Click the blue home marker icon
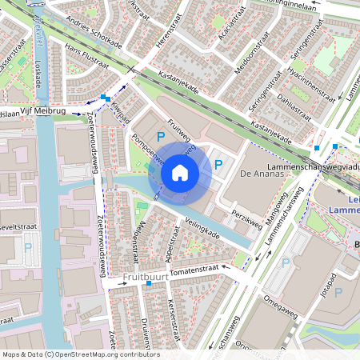pos(180,172)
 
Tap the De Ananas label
pos(262,174)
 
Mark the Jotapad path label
pos(327,288)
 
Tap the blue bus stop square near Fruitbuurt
pos(149,284)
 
